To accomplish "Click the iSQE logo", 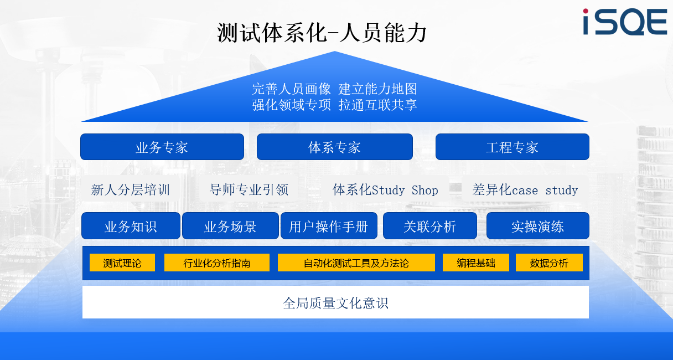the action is (x=625, y=22).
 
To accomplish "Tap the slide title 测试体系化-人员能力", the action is (x=322, y=33).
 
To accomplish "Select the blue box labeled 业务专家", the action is (x=162, y=147).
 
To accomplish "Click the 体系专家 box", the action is (x=335, y=147).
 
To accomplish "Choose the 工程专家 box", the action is (x=512, y=147).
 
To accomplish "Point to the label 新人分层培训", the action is (x=131, y=190).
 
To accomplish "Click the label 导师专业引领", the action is (x=249, y=190).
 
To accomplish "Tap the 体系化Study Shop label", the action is (x=385, y=190).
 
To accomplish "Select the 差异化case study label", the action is (x=525, y=190).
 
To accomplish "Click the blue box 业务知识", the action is (x=131, y=226).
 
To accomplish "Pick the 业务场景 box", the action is (x=230, y=226).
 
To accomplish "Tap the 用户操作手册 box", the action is (x=329, y=226).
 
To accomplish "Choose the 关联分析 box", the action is (x=430, y=226).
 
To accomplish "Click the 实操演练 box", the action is (x=538, y=226).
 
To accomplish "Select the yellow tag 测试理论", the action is (x=122, y=263).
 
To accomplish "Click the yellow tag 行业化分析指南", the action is (x=217, y=263).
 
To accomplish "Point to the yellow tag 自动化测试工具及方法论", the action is (x=356, y=263).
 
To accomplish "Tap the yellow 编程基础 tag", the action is (x=476, y=263).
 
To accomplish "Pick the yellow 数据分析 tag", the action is (x=549, y=263).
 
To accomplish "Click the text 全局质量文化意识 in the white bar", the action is (x=335, y=303).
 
